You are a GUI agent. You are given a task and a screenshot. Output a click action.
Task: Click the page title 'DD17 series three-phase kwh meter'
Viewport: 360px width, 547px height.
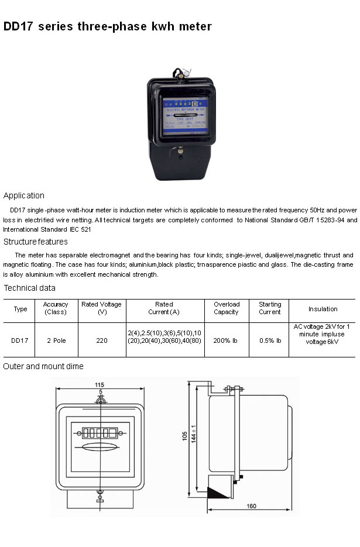(x=107, y=27)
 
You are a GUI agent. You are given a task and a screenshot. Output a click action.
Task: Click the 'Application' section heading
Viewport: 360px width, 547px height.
(x=24, y=195)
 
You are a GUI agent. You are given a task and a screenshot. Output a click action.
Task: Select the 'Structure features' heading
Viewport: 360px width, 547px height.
(x=36, y=242)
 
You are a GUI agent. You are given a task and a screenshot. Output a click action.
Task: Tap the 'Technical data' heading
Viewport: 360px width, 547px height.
(x=30, y=288)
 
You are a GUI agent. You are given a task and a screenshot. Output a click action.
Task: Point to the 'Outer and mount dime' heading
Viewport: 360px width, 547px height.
(x=43, y=366)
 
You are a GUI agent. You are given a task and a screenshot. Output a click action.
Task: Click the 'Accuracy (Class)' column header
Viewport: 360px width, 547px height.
(x=56, y=308)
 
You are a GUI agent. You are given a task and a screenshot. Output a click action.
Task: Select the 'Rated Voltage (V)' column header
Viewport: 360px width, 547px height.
(x=102, y=308)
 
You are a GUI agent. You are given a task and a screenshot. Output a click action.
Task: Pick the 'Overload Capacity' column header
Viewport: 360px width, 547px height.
(x=226, y=308)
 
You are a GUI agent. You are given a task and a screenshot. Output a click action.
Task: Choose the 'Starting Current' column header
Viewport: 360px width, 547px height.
(x=270, y=308)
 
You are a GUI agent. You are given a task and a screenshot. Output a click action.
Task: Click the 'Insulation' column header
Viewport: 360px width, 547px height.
(x=323, y=309)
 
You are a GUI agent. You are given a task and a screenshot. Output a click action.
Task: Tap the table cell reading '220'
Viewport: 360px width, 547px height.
(x=102, y=340)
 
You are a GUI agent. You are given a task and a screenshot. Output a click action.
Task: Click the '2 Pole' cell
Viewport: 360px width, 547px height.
(x=56, y=340)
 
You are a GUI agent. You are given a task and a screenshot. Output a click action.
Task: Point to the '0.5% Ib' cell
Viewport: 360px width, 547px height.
(x=270, y=340)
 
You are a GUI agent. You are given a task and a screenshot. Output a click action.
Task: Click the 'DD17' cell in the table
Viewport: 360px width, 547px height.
(x=20, y=340)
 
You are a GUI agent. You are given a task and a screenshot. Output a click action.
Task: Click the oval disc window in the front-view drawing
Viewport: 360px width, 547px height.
(x=100, y=448)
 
